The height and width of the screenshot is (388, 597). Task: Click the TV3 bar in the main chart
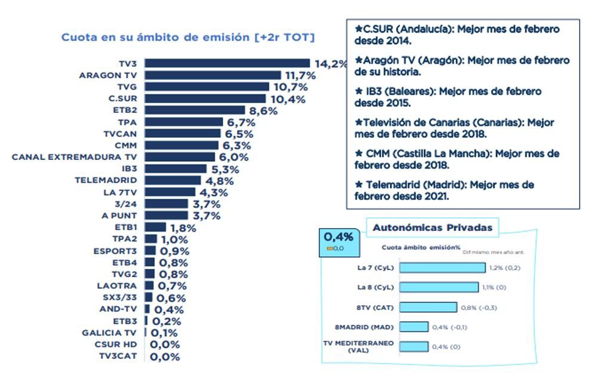[227, 63]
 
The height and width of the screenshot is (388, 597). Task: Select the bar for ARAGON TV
[213, 75]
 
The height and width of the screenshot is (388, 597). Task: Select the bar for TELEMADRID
[173, 180]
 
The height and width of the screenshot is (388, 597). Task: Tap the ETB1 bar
[155, 227]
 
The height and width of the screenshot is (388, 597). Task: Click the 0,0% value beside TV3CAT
[164, 357]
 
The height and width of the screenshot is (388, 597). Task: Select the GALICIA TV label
[109, 332]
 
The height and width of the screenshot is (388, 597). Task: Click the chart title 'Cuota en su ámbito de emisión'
[188, 38]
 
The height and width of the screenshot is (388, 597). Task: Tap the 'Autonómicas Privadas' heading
[432, 227]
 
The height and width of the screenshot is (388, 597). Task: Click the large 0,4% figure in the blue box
[338, 237]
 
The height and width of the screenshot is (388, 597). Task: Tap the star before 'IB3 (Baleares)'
[358, 91]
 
